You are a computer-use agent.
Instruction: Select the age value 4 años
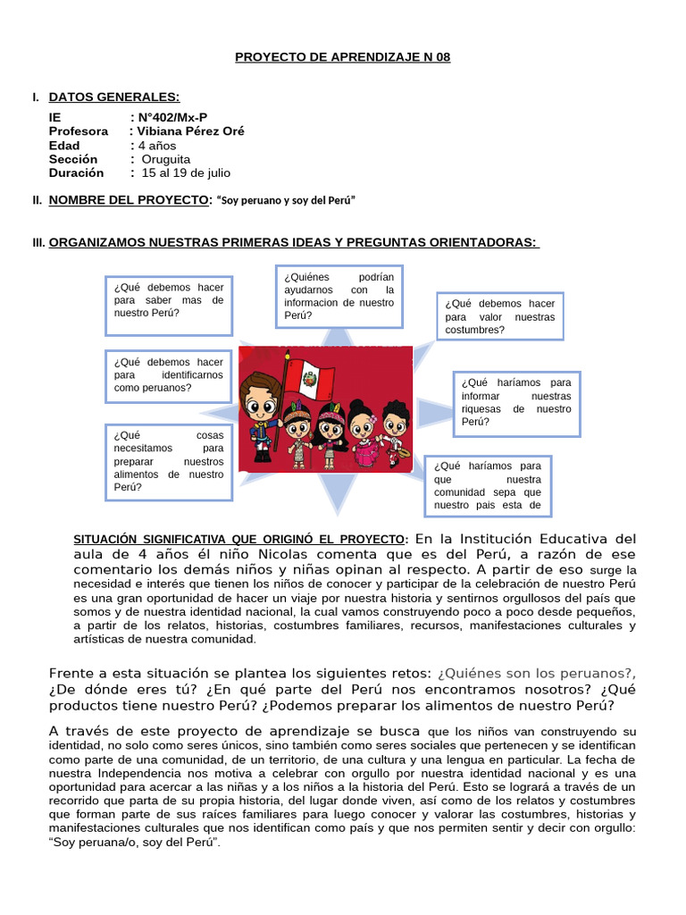(156, 146)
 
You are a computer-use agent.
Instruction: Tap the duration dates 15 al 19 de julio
(186, 173)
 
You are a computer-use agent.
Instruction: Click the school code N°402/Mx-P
(171, 118)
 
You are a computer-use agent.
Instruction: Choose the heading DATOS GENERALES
(113, 97)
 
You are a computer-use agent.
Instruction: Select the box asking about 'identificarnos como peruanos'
(168, 375)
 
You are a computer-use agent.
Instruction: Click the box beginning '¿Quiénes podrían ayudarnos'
(339, 296)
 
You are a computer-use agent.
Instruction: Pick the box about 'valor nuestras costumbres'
(499, 316)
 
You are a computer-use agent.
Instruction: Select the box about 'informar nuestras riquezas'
(516, 403)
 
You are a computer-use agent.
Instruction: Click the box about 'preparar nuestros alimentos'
(168, 461)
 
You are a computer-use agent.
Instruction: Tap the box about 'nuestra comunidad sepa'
(488, 486)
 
